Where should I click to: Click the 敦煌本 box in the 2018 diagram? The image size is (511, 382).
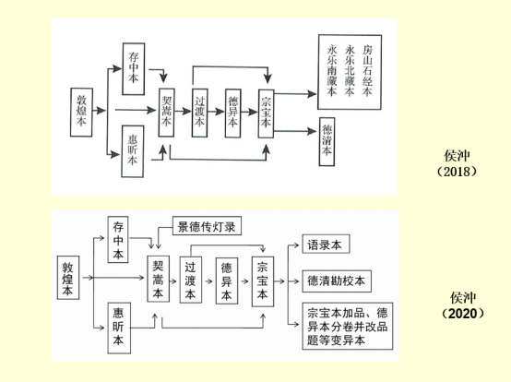click(x=81, y=113)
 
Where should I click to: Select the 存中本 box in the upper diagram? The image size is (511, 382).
click(x=134, y=69)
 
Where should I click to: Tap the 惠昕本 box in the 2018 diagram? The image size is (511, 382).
click(x=132, y=151)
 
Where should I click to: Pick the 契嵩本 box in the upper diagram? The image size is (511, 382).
click(x=167, y=113)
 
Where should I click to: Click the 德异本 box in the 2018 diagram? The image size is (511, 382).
click(x=232, y=113)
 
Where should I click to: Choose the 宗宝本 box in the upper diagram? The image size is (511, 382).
click(x=266, y=113)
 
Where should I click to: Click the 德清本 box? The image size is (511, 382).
click(x=327, y=142)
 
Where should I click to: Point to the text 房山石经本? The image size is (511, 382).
click(x=367, y=71)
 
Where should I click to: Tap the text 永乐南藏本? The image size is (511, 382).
click(x=332, y=71)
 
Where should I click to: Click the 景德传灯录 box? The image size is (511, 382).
click(x=207, y=225)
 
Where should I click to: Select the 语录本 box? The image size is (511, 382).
click(x=326, y=244)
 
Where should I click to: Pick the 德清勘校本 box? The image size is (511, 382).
click(x=337, y=281)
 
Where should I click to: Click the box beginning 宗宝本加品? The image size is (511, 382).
click(x=348, y=326)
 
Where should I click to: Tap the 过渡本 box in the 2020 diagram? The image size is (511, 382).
click(x=191, y=280)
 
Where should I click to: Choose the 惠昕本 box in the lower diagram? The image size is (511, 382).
click(x=119, y=328)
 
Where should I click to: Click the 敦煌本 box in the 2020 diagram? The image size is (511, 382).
click(x=68, y=278)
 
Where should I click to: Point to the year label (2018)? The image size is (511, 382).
click(x=457, y=172)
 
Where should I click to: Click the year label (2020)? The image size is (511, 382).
click(x=463, y=314)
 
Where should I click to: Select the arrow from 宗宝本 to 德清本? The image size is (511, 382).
click(x=295, y=131)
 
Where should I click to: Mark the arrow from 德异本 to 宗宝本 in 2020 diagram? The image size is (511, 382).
click(x=245, y=281)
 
